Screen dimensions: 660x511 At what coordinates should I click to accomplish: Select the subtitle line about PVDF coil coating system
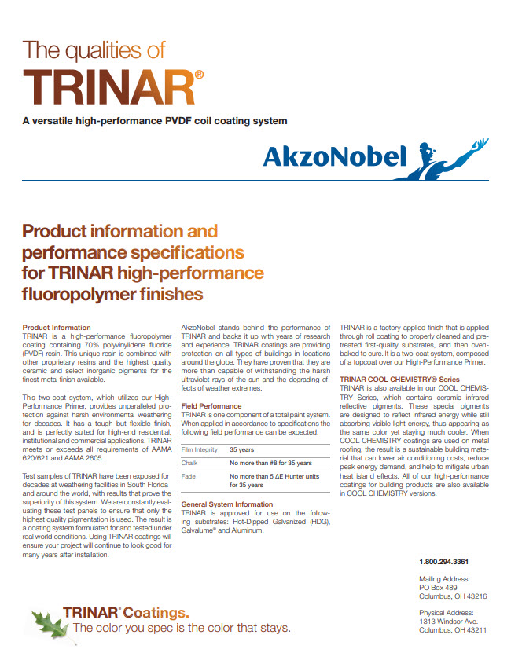pyautogui.click(x=155, y=121)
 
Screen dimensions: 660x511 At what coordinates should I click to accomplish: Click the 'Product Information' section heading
pyautogui.click(x=57, y=327)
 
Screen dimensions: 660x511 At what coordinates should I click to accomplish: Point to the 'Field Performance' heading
pyautogui.click(x=211, y=405)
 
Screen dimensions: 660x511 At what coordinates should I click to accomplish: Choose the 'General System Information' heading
pyautogui.click(x=227, y=504)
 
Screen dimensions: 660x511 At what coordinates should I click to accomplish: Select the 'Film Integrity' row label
pyautogui.click(x=200, y=449)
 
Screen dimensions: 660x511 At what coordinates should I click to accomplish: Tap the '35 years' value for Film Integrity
pyautogui.click(x=241, y=449)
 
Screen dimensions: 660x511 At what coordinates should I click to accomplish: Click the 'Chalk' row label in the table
pyautogui.click(x=190, y=464)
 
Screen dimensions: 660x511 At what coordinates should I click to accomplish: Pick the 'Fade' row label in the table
pyautogui.click(x=189, y=476)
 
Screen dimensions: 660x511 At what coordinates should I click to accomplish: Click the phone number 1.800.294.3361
pyautogui.click(x=444, y=561)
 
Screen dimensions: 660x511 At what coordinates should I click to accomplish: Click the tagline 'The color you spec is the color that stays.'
pyautogui.click(x=182, y=629)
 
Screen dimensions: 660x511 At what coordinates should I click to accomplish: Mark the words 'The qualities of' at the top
pyautogui.click(x=94, y=50)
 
